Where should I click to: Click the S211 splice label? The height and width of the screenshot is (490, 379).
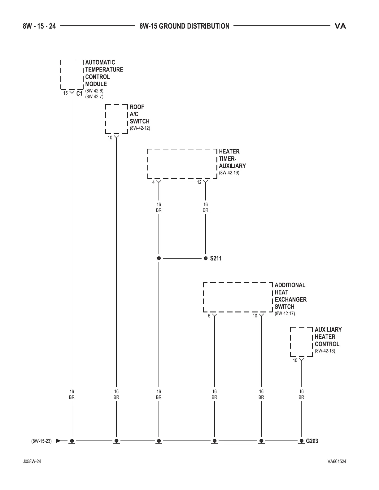pyautogui.click(x=216, y=258)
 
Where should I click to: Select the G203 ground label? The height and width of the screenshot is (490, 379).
pyautogui.click(x=312, y=441)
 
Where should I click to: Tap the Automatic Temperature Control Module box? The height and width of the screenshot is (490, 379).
pyautogui.click(x=72, y=74)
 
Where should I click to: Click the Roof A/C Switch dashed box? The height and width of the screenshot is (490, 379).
pyautogui.click(x=116, y=119)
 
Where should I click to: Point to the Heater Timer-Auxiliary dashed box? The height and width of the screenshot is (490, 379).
pyautogui.click(x=182, y=164)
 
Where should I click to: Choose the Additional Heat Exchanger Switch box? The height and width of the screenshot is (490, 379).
pyautogui.click(x=238, y=297)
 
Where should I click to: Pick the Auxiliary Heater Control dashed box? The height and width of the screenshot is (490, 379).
pyautogui.click(x=301, y=342)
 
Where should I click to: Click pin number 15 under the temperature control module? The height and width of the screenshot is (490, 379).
pyautogui.click(x=65, y=93)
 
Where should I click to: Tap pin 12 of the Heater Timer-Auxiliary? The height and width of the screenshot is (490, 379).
pyautogui.click(x=199, y=182)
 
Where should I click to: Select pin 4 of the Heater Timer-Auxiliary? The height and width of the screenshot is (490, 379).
pyautogui.click(x=153, y=182)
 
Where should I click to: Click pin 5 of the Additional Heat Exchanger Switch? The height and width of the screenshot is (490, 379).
pyautogui.click(x=209, y=316)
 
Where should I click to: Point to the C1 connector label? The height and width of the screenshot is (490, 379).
pyautogui.click(x=80, y=94)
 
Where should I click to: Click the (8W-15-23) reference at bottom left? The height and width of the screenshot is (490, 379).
pyautogui.click(x=41, y=441)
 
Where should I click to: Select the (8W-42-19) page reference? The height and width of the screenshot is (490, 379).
pyautogui.click(x=229, y=173)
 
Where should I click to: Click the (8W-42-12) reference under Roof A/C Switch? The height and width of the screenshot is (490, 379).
pyautogui.click(x=140, y=128)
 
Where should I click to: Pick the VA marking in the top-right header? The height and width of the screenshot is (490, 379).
pyautogui.click(x=340, y=26)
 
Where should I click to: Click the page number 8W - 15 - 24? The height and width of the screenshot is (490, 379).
pyautogui.click(x=39, y=26)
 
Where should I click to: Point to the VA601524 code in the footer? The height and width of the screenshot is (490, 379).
pyautogui.click(x=337, y=470)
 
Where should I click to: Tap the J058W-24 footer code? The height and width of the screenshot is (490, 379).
pyautogui.click(x=32, y=470)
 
